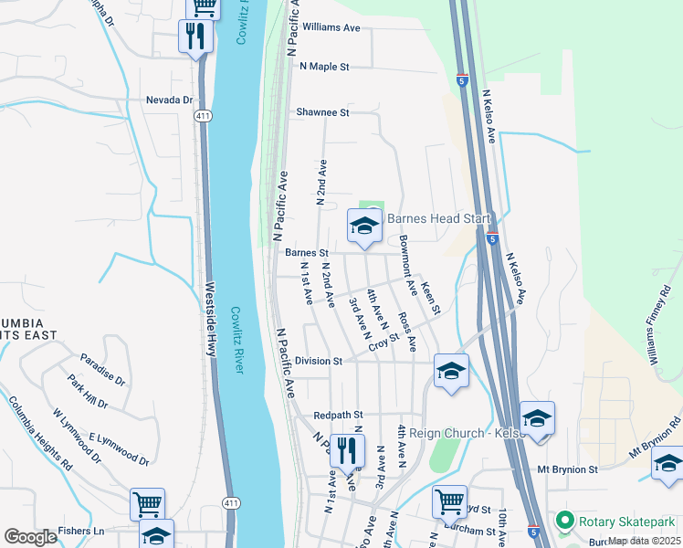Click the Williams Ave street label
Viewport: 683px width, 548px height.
(x=331, y=27)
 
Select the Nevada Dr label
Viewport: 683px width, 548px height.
(x=170, y=100)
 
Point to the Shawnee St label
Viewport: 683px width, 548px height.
(x=322, y=112)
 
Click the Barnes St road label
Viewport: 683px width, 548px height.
(x=306, y=252)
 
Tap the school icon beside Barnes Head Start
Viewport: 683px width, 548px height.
(x=364, y=226)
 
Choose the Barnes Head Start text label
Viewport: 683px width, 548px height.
(x=438, y=219)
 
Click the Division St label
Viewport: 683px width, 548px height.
(x=311, y=361)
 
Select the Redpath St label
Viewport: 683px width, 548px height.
(x=338, y=415)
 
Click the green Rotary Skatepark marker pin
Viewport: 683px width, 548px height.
(x=564, y=522)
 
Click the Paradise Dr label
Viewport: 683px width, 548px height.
(x=101, y=366)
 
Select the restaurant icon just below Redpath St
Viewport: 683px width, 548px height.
(x=347, y=450)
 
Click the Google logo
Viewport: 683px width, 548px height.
(x=30, y=537)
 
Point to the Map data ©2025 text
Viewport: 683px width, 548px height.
(x=645, y=541)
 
